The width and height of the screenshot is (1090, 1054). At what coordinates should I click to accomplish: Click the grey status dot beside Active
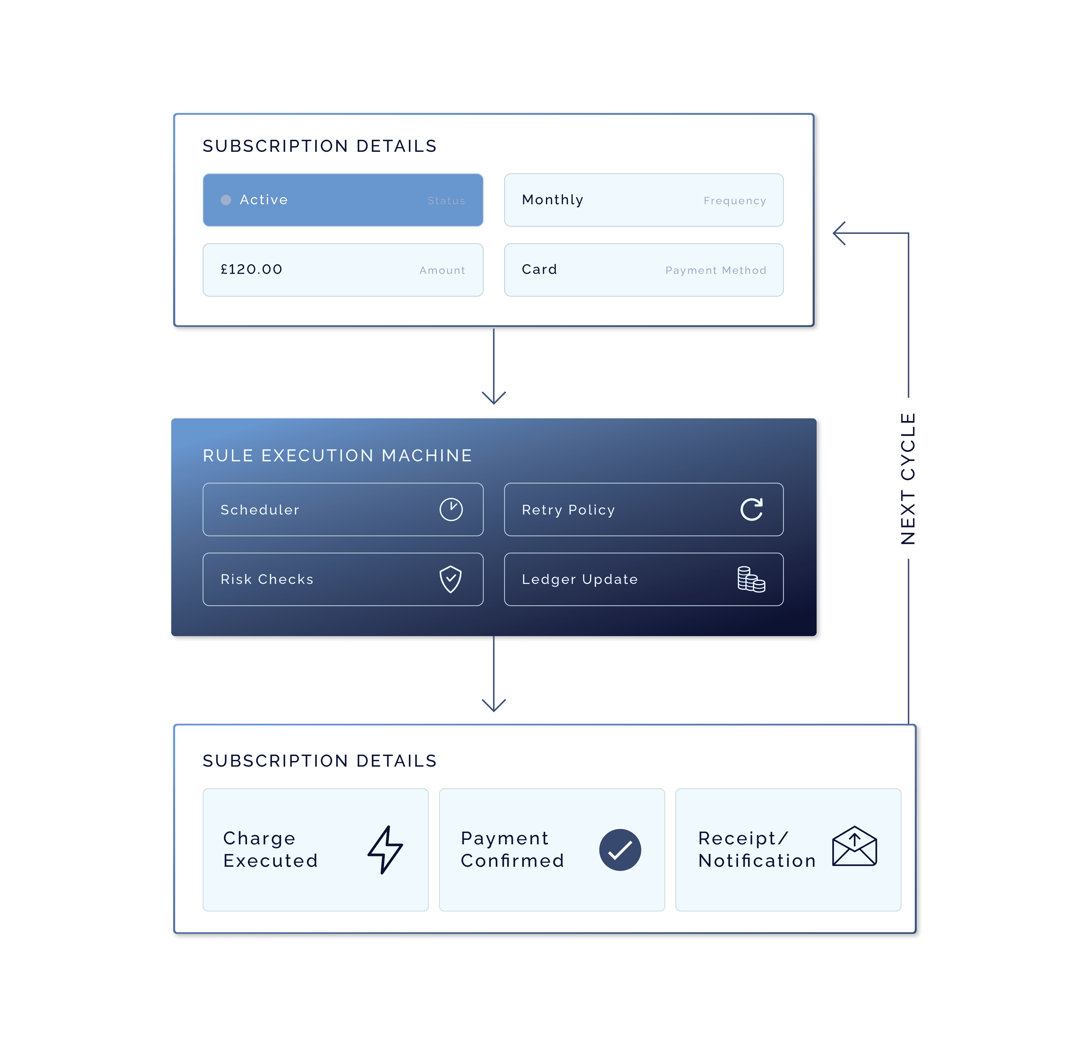pyautogui.click(x=226, y=200)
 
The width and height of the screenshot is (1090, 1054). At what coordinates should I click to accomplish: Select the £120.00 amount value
pyautogui.click(x=251, y=269)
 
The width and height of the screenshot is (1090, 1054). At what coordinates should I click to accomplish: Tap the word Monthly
pyautogui.click(x=552, y=200)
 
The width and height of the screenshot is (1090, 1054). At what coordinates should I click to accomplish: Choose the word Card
pyautogui.click(x=539, y=269)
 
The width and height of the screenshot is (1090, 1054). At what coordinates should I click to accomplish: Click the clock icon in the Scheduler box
pyautogui.click(x=451, y=509)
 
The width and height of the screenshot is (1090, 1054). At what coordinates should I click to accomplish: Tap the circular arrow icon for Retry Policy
pyautogui.click(x=751, y=509)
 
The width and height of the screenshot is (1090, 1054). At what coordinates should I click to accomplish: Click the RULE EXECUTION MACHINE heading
pyautogui.click(x=337, y=456)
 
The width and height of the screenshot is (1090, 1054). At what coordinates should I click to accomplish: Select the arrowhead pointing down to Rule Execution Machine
pyautogui.click(x=493, y=397)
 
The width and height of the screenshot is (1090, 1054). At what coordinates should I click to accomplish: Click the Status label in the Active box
pyautogui.click(x=446, y=201)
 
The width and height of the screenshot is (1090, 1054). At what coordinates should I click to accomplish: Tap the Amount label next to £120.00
pyautogui.click(x=442, y=270)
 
